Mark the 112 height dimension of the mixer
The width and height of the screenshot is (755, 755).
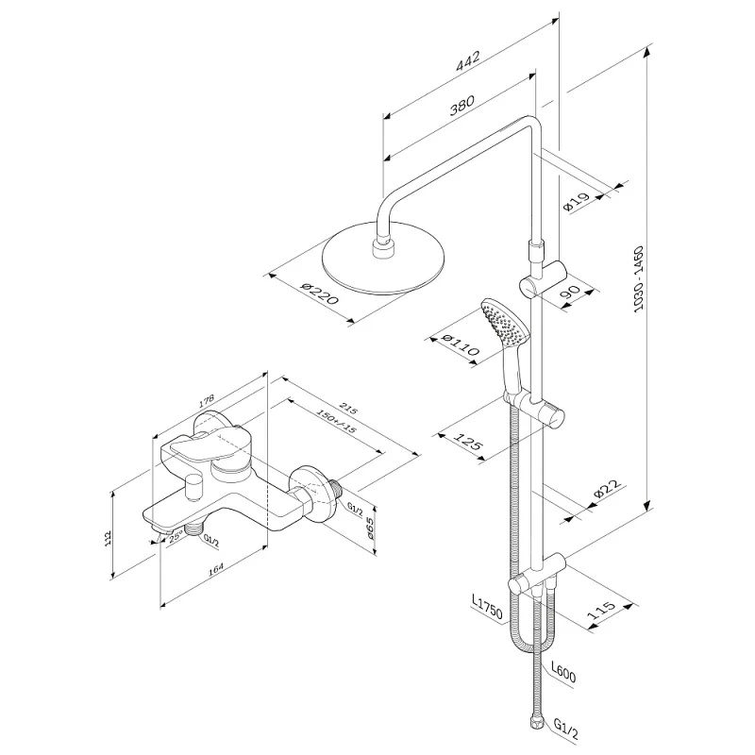109,537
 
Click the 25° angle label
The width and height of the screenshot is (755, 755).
176,536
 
